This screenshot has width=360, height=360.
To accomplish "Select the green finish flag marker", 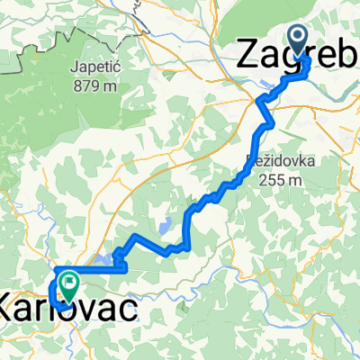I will (x=67, y=287).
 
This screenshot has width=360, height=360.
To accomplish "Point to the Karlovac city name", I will (x=70, y=310).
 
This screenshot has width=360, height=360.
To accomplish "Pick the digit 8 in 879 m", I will (x=84, y=87).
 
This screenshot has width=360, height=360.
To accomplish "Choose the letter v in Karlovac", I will (x=94, y=311).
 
